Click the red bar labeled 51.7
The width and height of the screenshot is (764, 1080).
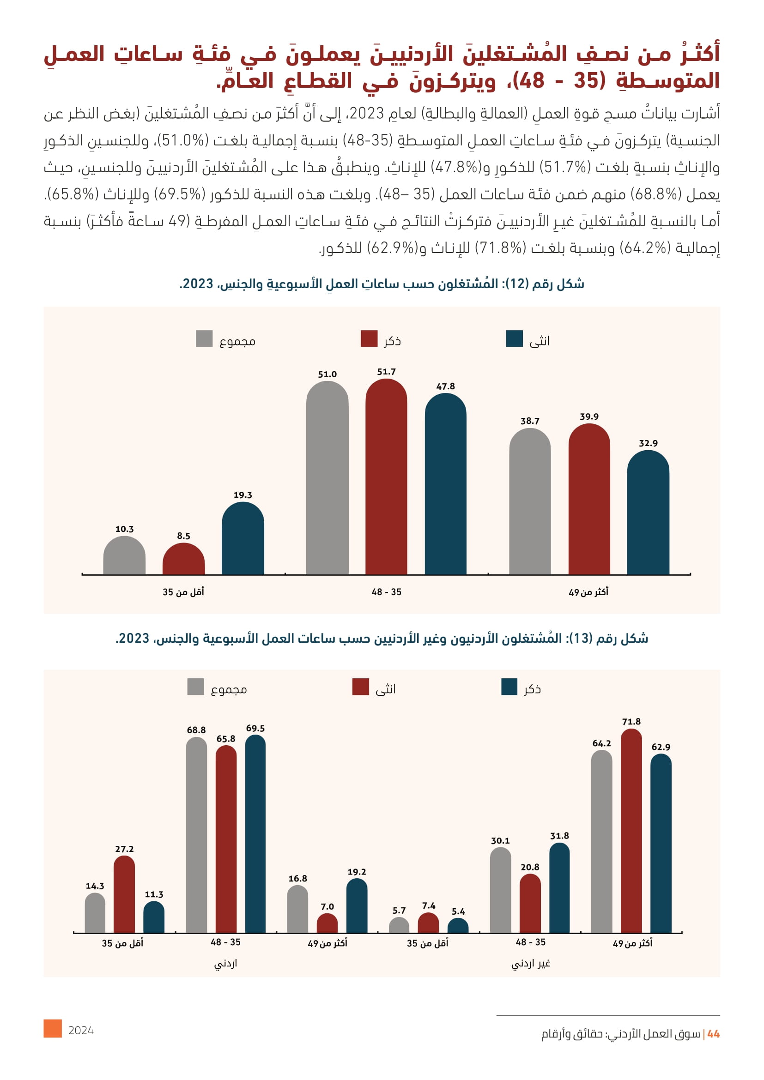coord(386,477)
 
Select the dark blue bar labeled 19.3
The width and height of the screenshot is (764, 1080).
coord(243,539)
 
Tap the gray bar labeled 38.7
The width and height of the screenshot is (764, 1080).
coord(530,502)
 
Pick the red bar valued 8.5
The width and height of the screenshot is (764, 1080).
coord(183,560)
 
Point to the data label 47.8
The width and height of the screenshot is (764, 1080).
coord(445,386)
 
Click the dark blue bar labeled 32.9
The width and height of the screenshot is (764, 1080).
coord(648,513)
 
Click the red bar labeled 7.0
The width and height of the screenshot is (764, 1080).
coord(327,924)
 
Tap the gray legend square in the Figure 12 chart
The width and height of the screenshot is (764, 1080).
coord(204,338)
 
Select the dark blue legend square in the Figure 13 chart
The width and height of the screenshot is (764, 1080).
coord(509,687)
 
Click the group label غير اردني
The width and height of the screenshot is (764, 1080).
coord(531,964)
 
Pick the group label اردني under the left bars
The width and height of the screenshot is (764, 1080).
coord(225,964)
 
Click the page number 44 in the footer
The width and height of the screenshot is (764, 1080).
coord(713,1034)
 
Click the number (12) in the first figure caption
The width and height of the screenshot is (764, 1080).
coord(520,284)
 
